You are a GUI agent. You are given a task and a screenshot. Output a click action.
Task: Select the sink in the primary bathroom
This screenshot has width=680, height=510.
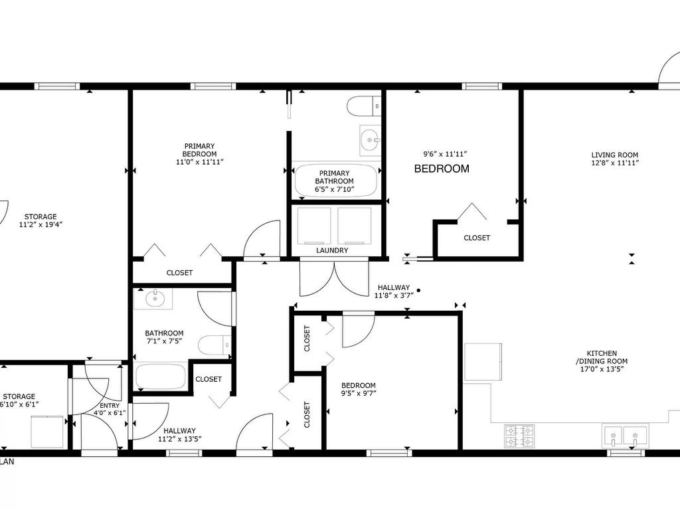370,140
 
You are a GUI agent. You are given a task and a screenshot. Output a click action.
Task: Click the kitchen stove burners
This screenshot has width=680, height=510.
519,436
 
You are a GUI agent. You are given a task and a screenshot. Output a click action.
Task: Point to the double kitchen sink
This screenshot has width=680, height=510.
624,436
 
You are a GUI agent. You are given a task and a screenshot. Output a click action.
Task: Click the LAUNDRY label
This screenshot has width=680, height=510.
332,250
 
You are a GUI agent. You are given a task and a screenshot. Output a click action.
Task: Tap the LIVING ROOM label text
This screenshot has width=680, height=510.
614,155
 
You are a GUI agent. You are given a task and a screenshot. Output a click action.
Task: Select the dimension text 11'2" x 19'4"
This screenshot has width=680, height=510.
41,224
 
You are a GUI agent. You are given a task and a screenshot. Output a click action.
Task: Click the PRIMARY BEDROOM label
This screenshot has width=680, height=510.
199,150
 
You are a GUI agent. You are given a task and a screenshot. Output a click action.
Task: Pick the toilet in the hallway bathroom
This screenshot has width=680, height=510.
214,345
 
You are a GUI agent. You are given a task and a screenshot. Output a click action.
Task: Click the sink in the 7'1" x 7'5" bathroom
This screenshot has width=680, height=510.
153,298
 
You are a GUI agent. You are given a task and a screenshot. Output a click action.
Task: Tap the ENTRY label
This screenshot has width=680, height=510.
110,406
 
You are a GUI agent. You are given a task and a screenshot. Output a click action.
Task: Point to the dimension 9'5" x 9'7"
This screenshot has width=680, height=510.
359,393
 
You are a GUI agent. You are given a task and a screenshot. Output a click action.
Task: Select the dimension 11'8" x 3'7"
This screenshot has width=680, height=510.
394,296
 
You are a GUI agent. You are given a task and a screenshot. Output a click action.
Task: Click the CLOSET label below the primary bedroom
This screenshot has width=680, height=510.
179,273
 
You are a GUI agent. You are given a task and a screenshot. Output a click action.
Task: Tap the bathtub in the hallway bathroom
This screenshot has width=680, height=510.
161,377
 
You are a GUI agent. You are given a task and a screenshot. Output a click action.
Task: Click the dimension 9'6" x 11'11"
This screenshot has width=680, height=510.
445,153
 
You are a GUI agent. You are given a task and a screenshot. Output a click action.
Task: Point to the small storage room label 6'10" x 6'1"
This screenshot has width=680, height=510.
19,404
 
